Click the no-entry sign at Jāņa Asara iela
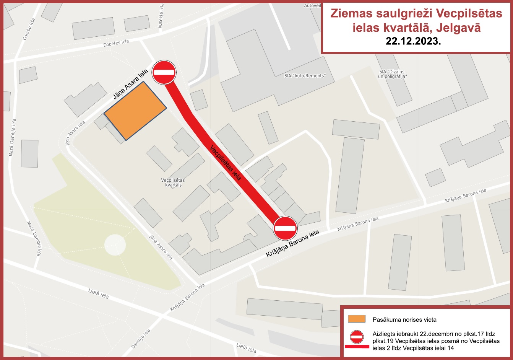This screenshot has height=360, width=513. click(164, 72)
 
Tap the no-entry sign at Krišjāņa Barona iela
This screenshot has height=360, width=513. click(285, 228)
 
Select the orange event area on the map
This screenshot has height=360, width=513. click(135, 110)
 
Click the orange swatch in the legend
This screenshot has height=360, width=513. click(357, 319)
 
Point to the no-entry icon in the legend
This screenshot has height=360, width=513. click(357, 337)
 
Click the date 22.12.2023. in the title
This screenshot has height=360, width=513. click(413, 42)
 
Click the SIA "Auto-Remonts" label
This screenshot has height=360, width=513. click(305, 76)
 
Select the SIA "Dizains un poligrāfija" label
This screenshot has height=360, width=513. click(392, 74)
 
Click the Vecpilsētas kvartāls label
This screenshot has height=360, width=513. click(173, 182)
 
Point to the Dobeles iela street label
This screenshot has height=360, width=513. click(116, 43)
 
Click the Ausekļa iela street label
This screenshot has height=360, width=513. click(161, 16)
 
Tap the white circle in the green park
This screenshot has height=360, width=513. click(115, 244)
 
